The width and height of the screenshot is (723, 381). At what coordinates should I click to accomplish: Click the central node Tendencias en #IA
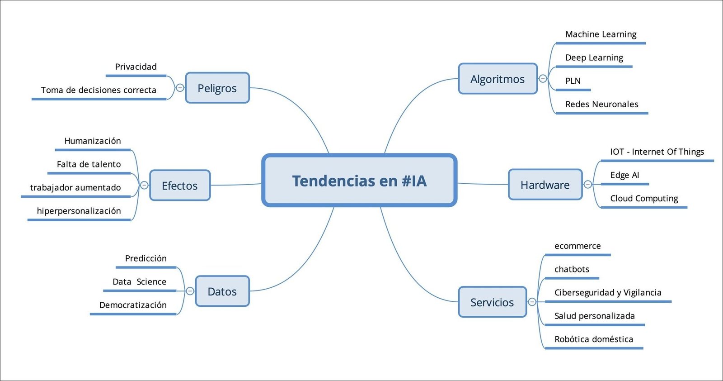[359, 181]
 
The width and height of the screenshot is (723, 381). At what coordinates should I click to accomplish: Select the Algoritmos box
[498, 79]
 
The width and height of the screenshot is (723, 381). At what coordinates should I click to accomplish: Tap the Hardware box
[545, 185]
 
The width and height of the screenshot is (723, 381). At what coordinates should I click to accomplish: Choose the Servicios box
[492, 302]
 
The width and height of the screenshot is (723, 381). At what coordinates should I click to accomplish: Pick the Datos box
[222, 291]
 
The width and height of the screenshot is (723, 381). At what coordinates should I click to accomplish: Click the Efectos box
[179, 186]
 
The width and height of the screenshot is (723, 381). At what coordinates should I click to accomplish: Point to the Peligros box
[217, 88]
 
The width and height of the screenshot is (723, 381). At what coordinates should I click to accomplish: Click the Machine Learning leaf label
[601, 34]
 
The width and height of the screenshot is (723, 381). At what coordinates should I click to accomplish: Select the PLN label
[573, 81]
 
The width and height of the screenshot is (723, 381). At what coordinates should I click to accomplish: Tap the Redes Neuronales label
[601, 104]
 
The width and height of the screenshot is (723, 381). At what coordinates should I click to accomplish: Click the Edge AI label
[624, 175]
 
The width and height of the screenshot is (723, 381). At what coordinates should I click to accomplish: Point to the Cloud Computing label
[644, 198]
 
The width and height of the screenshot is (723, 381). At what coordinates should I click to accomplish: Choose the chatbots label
[572, 269]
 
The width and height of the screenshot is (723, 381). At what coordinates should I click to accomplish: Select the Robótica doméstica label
[593, 339]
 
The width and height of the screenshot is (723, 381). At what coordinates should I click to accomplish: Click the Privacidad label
[136, 67]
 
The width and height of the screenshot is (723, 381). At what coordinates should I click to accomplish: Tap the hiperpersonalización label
[79, 211]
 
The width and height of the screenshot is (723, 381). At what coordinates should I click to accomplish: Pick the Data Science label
[139, 281]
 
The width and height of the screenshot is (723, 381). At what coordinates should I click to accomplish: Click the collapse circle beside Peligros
[180, 88]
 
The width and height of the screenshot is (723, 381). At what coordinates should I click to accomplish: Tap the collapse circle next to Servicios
[532, 302]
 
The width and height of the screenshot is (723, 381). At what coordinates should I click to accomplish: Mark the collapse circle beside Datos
[190, 291]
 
